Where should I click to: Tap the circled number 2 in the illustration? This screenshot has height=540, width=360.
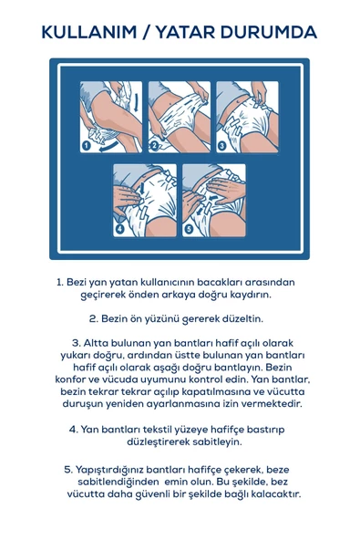click(x=154, y=144)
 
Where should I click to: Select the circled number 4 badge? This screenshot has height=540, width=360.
click(x=120, y=228)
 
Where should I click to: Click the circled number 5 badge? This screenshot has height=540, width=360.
click(x=189, y=228)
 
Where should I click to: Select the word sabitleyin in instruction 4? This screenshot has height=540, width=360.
click(x=216, y=441)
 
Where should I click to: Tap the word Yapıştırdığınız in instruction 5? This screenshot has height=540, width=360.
click(x=119, y=468)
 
